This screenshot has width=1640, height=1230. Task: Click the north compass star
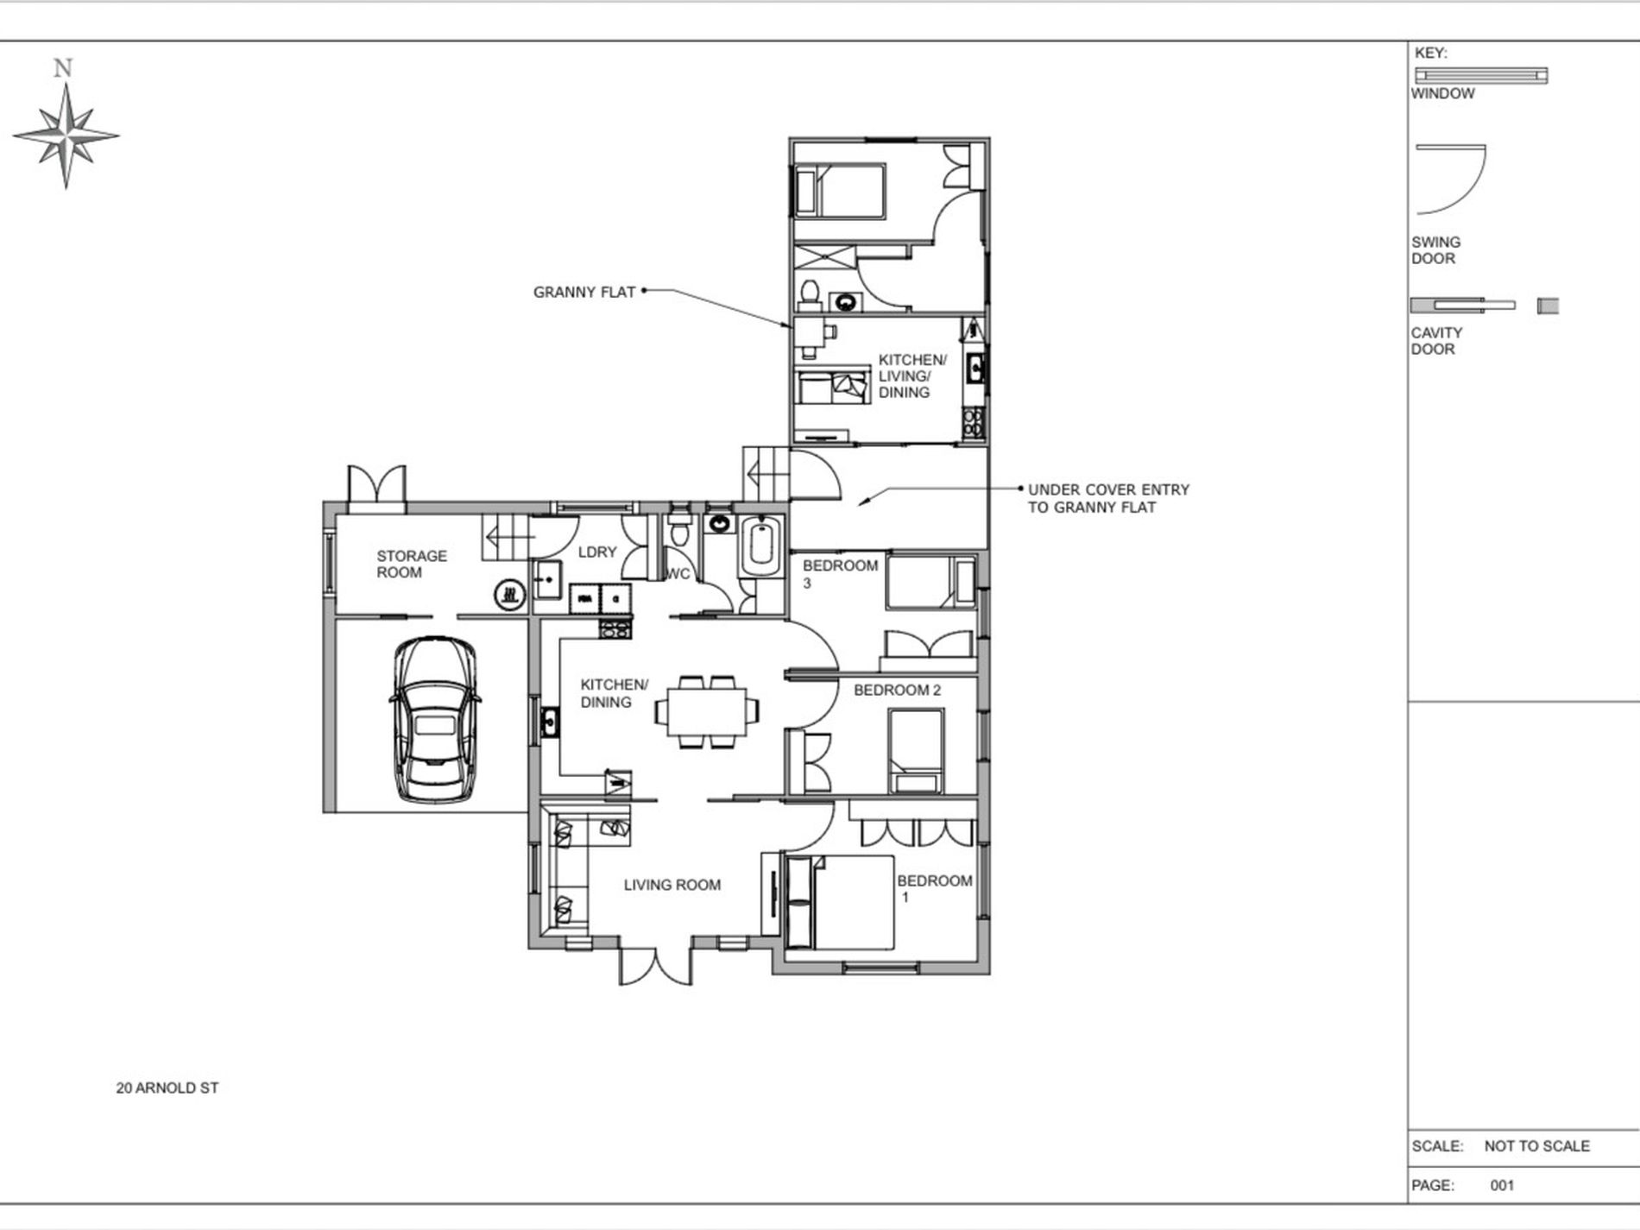click(66, 136)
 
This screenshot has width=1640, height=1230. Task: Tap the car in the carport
click(435, 721)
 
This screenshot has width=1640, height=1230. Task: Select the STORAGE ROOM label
click(412, 564)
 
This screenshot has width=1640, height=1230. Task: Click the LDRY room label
click(597, 552)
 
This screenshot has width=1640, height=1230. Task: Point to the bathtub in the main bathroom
click(761, 546)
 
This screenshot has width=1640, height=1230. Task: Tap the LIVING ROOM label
click(672, 885)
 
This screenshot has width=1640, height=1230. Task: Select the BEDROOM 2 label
click(897, 690)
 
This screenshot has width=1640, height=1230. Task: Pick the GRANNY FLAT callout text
click(584, 292)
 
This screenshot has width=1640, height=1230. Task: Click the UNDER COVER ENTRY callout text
click(1108, 498)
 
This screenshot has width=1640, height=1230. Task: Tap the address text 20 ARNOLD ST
click(167, 1088)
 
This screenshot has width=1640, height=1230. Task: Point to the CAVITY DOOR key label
click(1436, 341)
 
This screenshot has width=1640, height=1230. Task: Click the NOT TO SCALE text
click(1536, 1146)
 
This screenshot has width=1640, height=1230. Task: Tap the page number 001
click(1502, 1185)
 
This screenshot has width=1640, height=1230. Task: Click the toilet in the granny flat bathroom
click(810, 294)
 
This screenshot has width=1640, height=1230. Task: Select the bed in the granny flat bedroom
click(840, 192)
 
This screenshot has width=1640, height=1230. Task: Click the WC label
click(678, 573)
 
